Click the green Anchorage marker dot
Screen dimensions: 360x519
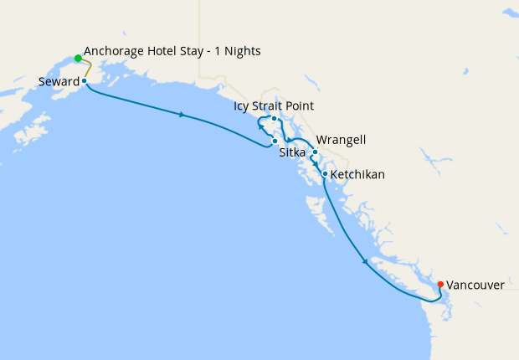(x=78, y=59)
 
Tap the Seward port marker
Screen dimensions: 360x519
(x=85, y=81)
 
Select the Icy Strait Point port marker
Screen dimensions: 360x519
(x=274, y=119)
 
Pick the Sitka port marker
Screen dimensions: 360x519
(x=275, y=141)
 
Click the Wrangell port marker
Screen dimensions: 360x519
(x=315, y=152)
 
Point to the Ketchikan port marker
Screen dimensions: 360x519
(x=325, y=174)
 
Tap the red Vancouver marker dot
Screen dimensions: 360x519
(x=440, y=284)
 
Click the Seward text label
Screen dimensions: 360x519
(x=59, y=82)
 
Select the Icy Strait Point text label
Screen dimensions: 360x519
(x=275, y=106)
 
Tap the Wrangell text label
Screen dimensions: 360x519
(x=341, y=140)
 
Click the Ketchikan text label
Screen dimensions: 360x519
(x=357, y=175)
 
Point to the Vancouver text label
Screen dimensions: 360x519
(x=475, y=285)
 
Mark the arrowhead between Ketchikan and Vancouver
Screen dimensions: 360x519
(x=365, y=262)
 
